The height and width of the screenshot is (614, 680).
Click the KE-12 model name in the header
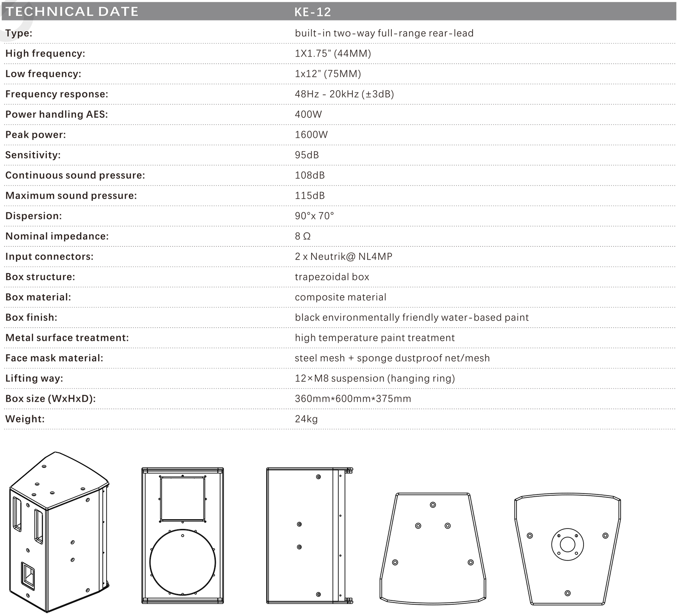pyautogui.click(x=312, y=11)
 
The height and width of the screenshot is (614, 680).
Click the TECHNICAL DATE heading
pyautogui.click(x=72, y=11)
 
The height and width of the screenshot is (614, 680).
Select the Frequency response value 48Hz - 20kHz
pyautogui.click(x=344, y=94)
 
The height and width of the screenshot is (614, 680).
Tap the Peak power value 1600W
pyautogui.click(x=311, y=135)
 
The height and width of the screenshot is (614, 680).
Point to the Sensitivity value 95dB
pyautogui.click(x=306, y=155)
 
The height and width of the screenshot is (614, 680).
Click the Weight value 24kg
pyautogui.click(x=306, y=419)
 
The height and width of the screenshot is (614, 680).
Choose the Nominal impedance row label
pyautogui.click(x=57, y=236)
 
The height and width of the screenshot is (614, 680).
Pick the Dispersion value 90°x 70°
pyautogui.click(x=314, y=216)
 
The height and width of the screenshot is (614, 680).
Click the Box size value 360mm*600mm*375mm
pyautogui.click(x=353, y=399)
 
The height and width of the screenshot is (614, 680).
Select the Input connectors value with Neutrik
pyautogui.click(x=343, y=257)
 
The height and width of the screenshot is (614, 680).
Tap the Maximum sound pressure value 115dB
pyautogui.click(x=309, y=196)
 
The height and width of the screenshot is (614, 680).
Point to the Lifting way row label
pyautogui.click(x=34, y=378)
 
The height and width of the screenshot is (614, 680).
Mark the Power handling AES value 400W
pyautogui.click(x=308, y=114)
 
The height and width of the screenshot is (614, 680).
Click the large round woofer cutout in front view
pyautogui.click(x=182, y=562)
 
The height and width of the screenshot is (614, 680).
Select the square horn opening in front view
pyautogui.click(x=182, y=499)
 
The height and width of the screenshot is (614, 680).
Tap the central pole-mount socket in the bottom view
pyautogui.click(x=567, y=544)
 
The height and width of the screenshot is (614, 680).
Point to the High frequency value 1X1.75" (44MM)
pyautogui.click(x=333, y=54)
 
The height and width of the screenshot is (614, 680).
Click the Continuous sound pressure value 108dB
pyautogui.click(x=309, y=175)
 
